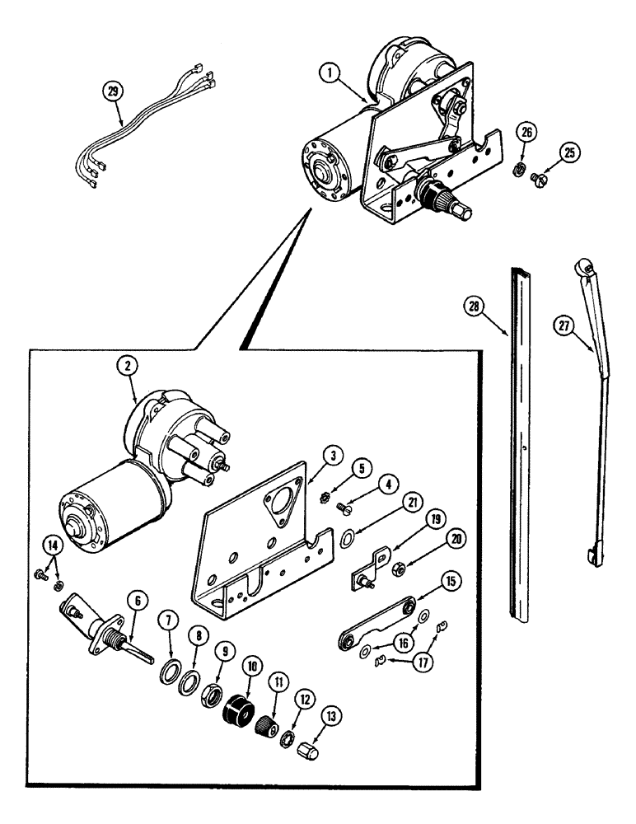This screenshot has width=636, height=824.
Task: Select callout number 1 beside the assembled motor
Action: [x=331, y=74]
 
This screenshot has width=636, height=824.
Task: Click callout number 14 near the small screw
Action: [x=49, y=545]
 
